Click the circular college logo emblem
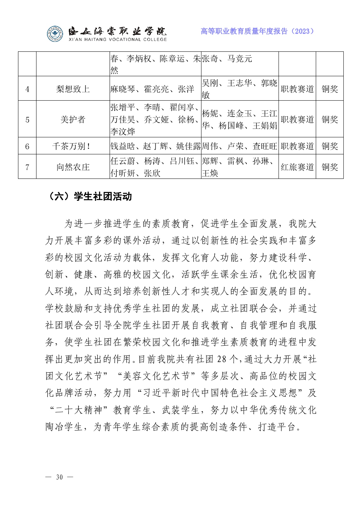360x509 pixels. (55, 34)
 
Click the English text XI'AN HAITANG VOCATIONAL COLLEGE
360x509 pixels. (118, 39)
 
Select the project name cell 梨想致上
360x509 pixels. (73, 89)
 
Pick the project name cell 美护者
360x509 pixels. (73, 119)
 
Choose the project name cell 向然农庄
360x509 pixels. (73, 167)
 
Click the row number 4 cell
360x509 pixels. (27, 89)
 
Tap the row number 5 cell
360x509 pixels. (27, 119)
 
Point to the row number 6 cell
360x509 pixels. (27, 146)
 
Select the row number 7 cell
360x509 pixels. (27, 167)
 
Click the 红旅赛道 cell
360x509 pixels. (297, 167)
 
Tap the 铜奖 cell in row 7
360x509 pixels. (330, 167)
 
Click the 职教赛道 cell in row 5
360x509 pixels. (297, 119)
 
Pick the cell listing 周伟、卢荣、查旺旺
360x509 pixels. (240, 146)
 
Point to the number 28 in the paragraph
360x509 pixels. (222, 359)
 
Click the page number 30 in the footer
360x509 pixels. (59, 477)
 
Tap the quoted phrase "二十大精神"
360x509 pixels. (79, 410)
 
